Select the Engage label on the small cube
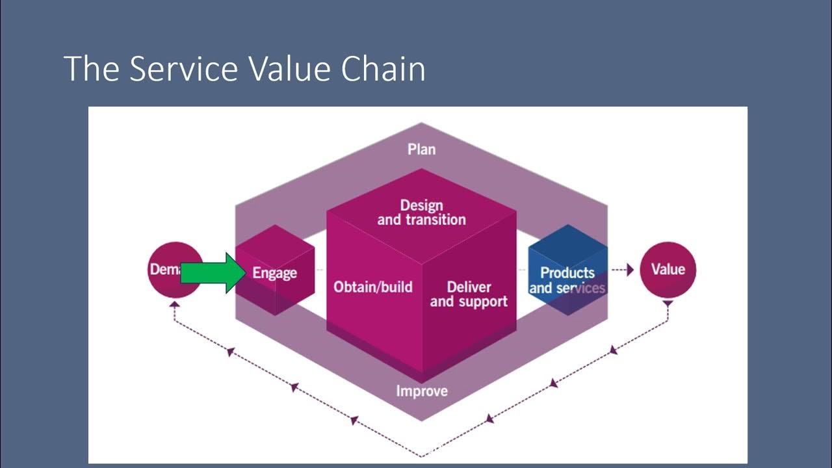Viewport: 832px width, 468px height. point(274,273)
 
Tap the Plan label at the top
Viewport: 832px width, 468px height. point(421,149)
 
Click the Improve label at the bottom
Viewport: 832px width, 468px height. point(422,391)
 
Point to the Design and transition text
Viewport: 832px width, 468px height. point(421,213)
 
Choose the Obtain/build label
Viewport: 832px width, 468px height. point(372,287)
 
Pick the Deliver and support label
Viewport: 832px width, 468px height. point(469,294)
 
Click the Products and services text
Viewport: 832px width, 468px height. point(567,280)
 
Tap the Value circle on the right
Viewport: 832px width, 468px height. point(668,269)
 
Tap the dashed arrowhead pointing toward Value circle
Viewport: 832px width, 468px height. point(629,270)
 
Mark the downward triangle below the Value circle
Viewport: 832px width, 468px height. point(668,304)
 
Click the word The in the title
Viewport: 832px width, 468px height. point(91,68)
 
